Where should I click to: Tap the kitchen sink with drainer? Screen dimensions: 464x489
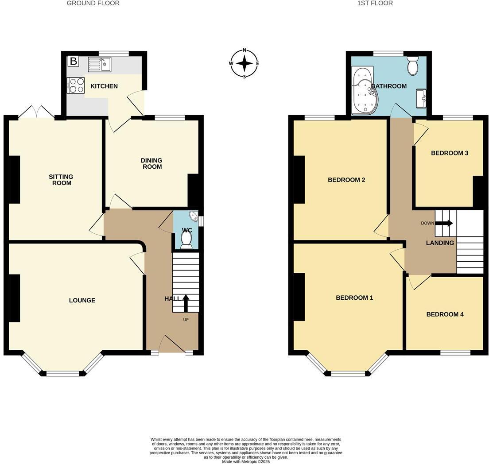[100, 65]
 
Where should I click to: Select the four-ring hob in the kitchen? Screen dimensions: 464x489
[76, 85]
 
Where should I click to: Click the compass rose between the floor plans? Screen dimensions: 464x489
[244, 63]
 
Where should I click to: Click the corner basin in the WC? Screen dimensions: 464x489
[194, 217]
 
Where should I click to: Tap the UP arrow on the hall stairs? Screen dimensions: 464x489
[186, 303]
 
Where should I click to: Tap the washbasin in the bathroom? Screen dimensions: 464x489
[421, 98]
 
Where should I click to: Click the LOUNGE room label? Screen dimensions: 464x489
[82, 301]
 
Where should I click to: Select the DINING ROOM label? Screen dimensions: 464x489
[151, 163]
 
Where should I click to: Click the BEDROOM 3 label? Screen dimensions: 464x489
[450, 153]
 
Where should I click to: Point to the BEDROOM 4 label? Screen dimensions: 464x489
[445, 314]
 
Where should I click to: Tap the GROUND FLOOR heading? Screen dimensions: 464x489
[93, 3]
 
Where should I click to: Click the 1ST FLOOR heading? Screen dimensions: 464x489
[375, 3]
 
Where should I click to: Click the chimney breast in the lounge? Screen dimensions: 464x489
[15, 298]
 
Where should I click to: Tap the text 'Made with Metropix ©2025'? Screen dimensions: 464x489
[245, 461]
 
